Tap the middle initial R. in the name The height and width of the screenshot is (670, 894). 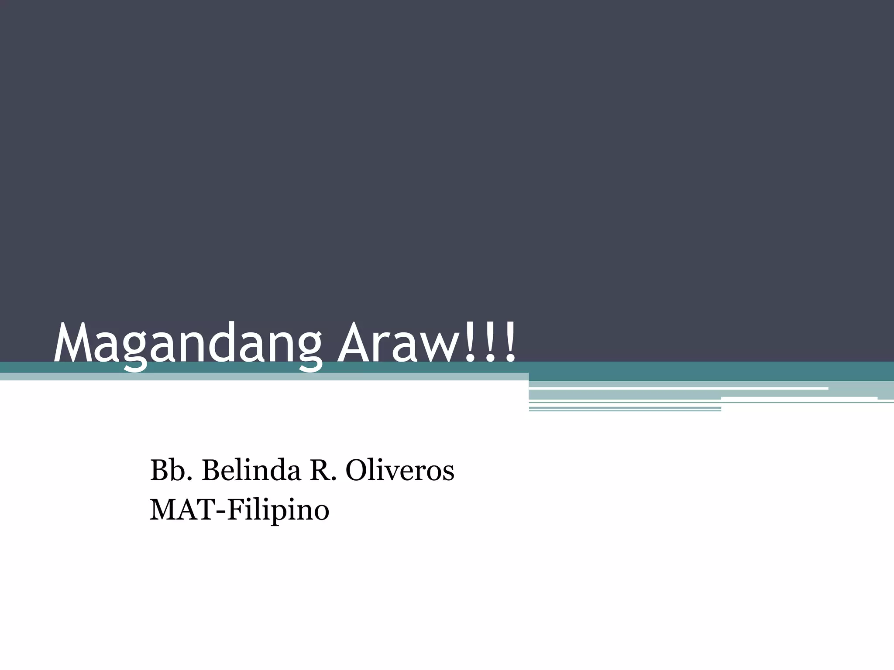[323, 471]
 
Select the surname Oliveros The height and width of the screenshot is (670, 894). [400, 471]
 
